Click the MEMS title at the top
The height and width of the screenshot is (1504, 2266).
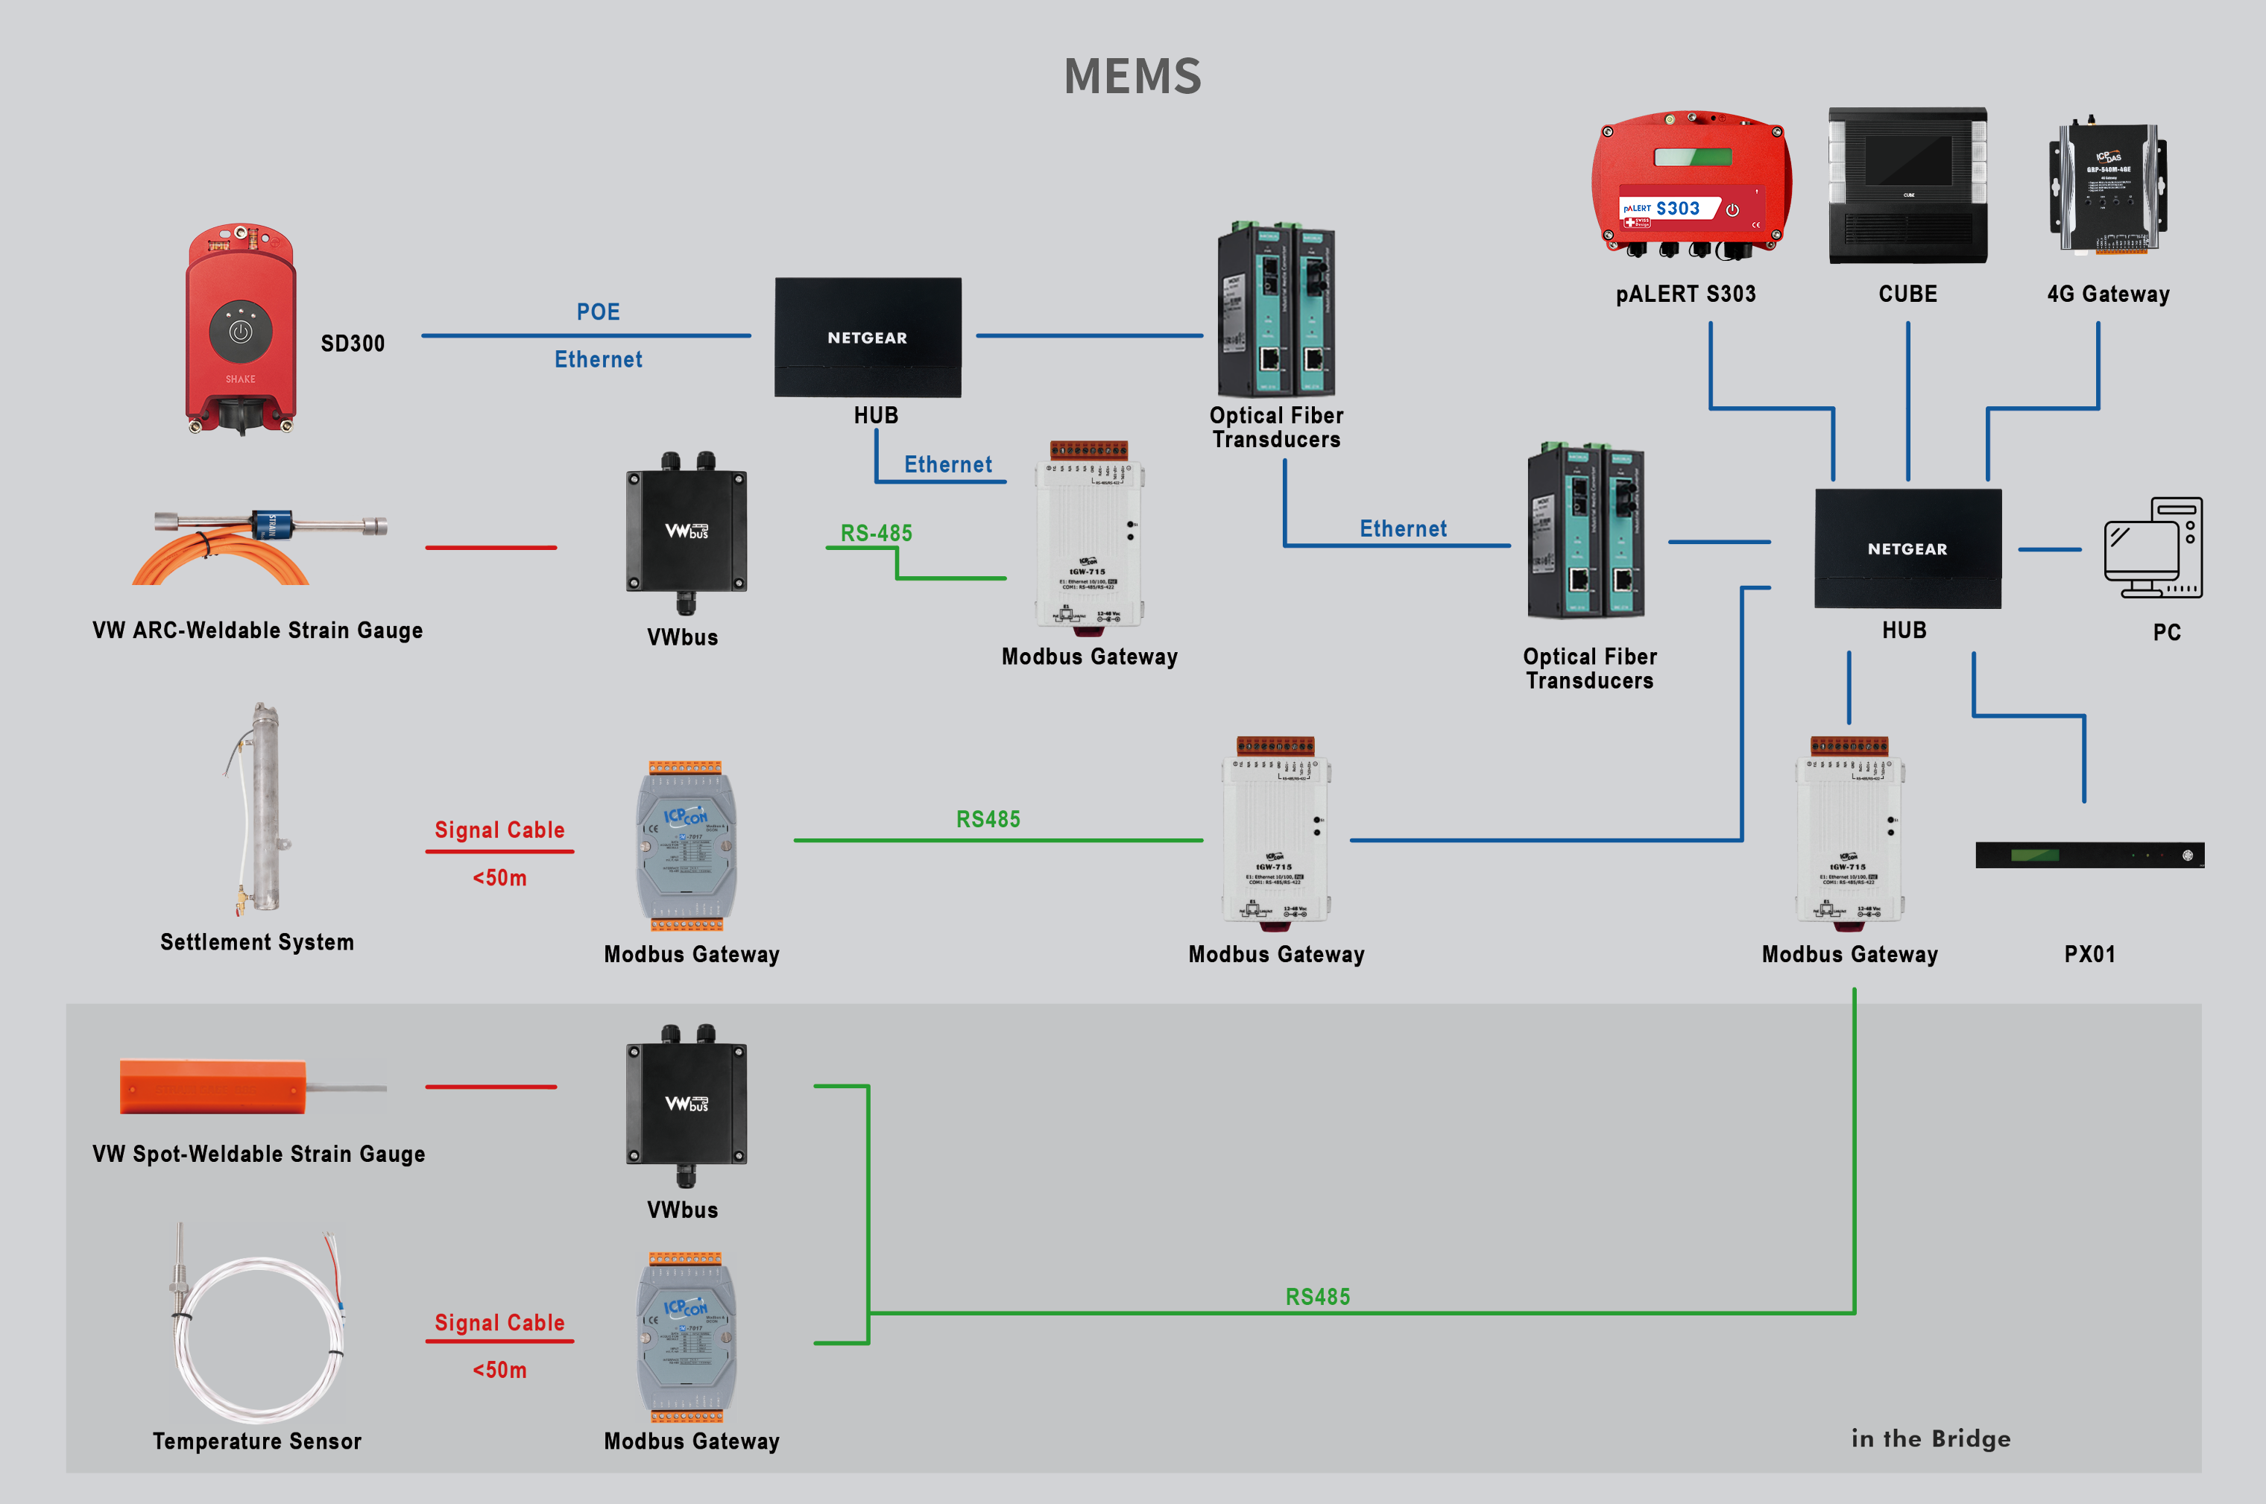pos(1132,76)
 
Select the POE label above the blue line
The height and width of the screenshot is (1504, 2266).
pos(598,312)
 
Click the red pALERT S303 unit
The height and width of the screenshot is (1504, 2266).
pos(1691,184)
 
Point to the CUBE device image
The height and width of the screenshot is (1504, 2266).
pos(1907,185)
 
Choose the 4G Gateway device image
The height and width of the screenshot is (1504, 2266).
pos(2108,187)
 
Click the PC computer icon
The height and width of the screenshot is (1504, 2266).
pos(2153,548)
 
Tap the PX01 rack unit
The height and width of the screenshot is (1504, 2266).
pos(2089,855)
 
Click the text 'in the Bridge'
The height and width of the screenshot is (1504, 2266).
pos(1931,1438)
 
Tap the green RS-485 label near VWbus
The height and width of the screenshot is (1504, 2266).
pos(876,534)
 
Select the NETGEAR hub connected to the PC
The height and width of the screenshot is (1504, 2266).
pos(1907,549)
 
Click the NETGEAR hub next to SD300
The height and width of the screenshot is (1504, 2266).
pos(867,338)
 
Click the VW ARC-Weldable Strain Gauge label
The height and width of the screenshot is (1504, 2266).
pos(257,631)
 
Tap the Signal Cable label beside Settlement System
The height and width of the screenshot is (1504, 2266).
pos(499,830)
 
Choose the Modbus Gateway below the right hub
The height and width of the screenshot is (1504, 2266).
pos(1849,831)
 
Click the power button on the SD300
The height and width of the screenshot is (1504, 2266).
pos(240,332)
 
